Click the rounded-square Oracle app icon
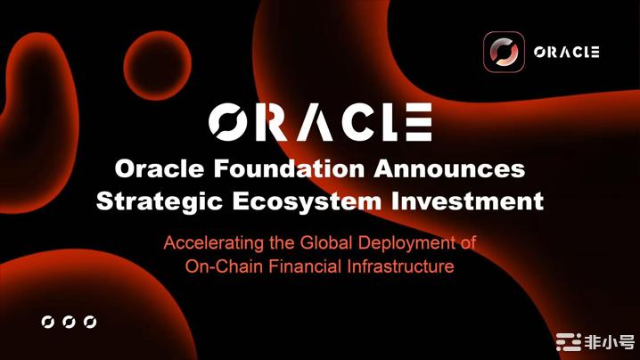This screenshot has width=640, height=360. [x=504, y=52]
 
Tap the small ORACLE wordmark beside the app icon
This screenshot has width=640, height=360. [x=567, y=53]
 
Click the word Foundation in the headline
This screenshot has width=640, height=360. [x=289, y=168]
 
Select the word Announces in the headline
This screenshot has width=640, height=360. [x=449, y=168]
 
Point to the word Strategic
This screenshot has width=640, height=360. [x=160, y=201]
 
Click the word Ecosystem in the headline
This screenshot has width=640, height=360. [x=307, y=201]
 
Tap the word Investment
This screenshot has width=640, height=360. [x=467, y=200]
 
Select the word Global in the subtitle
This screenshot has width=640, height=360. [x=326, y=243]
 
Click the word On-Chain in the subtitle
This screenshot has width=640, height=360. [x=224, y=266]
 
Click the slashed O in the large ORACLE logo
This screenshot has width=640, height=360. [x=228, y=122]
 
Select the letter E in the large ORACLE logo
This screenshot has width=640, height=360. [x=419, y=122]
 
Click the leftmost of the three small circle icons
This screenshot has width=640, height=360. [x=48, y=322]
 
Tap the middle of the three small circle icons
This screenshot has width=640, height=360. [x=69, y=322]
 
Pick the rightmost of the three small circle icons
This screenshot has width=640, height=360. [x=90, y=322]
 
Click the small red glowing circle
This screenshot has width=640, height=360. [x=158, y=65]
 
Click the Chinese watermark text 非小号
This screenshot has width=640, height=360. [x=610, y=342]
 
